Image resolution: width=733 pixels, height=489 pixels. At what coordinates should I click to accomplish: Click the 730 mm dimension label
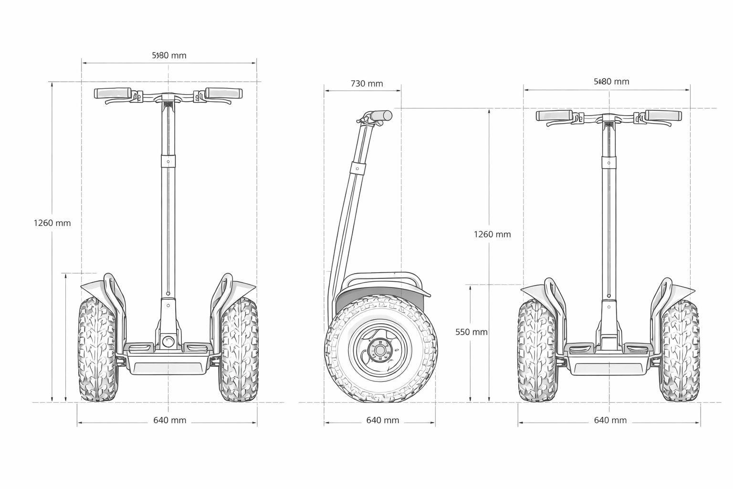pyautogui.click(x=366, y=84)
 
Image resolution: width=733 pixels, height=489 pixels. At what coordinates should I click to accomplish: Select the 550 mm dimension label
pyautogui.click(x=471, y=332)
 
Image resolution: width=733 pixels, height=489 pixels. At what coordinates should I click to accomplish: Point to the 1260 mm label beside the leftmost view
pyautogui.click(x=52, y=223)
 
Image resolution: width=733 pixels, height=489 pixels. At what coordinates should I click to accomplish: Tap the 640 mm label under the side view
pyautogui.click(x=382, y=420)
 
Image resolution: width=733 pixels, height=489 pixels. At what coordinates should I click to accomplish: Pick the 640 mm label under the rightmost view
pyautogui.click(x=610, y=420)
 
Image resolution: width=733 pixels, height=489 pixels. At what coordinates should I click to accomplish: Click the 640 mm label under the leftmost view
pyautogui.click(x=169, y=420)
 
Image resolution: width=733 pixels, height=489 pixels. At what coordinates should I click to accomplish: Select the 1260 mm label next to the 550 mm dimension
pyautogui.click(x=492, y=234)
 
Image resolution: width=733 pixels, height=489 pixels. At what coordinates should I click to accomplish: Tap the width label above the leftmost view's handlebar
pyautogui.click(x=169, y=55)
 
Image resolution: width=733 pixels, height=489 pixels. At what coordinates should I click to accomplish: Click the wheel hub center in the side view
pyautogui.click(x=380, y=351)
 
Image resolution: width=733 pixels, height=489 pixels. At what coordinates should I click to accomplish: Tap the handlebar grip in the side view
pyautogui.click(x=382, y=116)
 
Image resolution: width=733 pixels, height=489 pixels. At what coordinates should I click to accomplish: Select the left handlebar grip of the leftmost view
pyautogui.click(x=113, y=93)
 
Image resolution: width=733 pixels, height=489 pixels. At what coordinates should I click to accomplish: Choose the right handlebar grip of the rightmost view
pyautogui.click(x=663, y=116)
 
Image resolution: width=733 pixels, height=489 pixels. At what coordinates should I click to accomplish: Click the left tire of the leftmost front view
pyautogui.click(x=97, y=350)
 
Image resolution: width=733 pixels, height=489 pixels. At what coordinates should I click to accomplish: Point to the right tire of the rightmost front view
pyautogui.click(x=680, y=351)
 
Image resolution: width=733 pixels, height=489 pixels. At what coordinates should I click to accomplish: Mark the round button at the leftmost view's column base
pyautogui.click(x=168, y=341)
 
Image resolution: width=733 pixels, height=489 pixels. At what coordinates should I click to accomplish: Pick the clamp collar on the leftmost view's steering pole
pyautogui.click(x=168, y=161)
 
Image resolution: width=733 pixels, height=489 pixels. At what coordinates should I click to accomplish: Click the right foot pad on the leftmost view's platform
pyautogui.click(x=196, y=347)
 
